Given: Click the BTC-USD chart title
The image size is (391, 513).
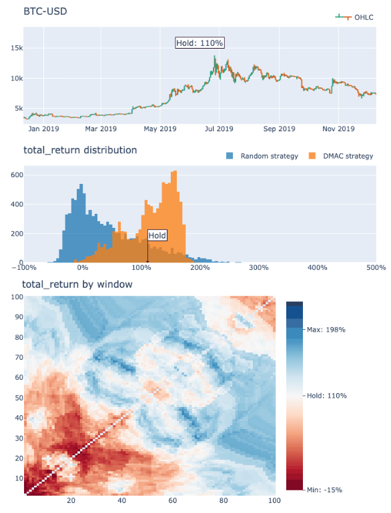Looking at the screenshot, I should click(45, 12).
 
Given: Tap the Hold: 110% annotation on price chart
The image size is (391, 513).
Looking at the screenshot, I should click(200, 43).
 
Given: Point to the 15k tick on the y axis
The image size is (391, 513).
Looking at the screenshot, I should click(13, 48).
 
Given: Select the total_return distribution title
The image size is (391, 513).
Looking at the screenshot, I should click(80, 150).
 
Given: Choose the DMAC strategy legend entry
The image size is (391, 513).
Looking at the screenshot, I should click(343, 156).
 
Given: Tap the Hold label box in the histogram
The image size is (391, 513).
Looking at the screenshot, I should click(157, 235).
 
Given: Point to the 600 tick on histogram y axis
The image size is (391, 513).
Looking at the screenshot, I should click(13, 175).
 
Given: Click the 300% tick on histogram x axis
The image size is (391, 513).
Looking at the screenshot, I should click(258, 268).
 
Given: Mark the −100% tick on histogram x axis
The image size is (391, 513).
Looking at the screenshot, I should click(24, 268).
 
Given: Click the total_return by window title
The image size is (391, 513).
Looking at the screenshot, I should click(77, 284).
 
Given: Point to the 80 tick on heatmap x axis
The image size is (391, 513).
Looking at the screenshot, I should click(222, 500).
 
